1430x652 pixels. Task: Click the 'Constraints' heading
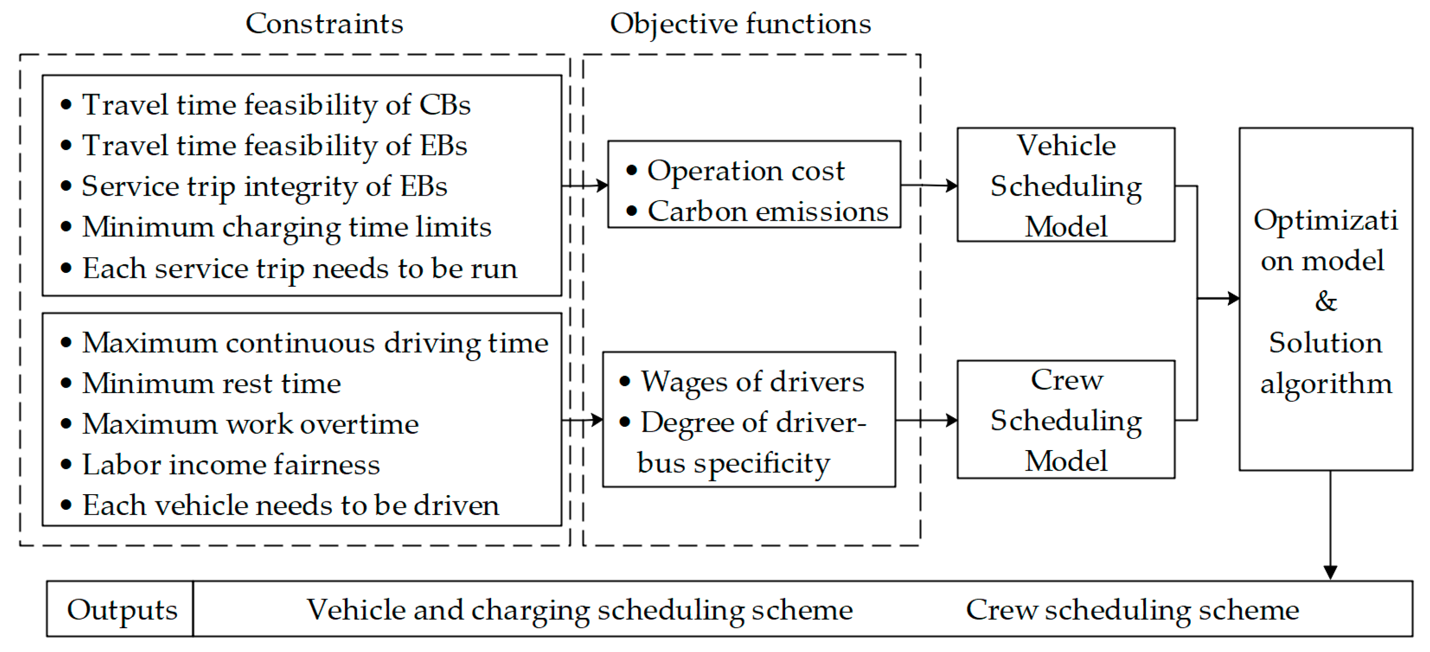324,24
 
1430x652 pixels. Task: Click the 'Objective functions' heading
740,24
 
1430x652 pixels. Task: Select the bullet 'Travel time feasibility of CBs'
276,105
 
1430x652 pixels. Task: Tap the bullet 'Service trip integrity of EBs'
264,187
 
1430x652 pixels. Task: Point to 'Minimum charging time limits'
286,227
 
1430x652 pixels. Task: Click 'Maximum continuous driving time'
315,343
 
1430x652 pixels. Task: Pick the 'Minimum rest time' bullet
211,384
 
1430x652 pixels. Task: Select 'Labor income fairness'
231,465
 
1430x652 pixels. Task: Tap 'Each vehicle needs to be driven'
290,505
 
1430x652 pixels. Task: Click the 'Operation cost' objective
746,171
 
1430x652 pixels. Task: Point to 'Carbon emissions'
768,211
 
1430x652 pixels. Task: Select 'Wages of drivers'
752,382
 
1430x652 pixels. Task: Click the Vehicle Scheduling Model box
1065,185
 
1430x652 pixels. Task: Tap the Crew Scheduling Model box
1065,420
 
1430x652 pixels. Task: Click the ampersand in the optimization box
1326,301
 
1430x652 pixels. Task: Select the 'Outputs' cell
121,610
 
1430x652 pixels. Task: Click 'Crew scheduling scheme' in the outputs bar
1132,610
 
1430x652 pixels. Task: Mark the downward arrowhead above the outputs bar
1330,572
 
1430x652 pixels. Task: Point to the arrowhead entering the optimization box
1233,299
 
